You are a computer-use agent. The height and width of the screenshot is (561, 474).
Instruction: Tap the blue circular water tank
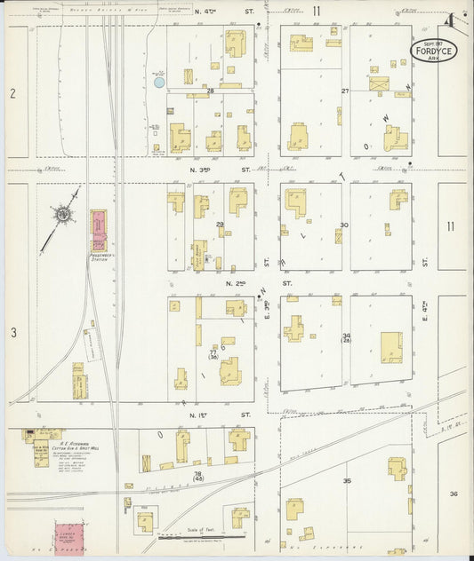coord(159,83)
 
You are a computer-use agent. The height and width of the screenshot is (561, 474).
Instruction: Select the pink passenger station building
coord(98,231)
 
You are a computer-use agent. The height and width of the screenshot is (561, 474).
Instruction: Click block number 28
coord(211,91)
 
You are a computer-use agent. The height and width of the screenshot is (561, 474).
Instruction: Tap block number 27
coord(344,91)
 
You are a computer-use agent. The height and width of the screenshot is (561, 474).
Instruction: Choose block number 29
coord(220,225)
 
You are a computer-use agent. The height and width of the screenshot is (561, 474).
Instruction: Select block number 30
coord(343,225)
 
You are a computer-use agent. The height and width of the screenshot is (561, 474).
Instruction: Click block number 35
coord(346,481)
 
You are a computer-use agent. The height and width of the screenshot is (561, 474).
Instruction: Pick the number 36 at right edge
coord(454,494)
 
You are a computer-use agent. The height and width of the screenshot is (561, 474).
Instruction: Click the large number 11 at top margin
coord(316,11)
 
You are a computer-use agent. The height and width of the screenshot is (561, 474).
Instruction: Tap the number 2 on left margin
coord(12,93)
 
